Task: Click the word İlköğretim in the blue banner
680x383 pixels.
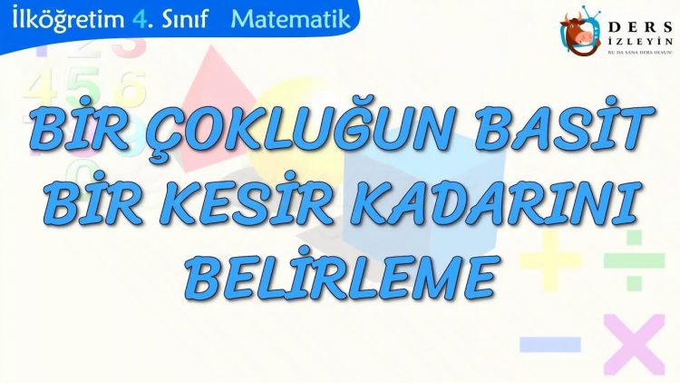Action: (68, 19)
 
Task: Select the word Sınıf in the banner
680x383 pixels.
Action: (186, 19)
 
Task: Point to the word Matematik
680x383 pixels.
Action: (290, 19)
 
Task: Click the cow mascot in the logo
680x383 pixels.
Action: (579, 31)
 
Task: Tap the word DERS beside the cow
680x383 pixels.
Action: (640, 28)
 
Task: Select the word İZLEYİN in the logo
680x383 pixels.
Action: (640, 41)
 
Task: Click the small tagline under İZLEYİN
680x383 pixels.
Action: (640, 52)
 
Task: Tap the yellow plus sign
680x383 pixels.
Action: (550, 260)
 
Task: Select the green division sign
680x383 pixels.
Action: (634, 260)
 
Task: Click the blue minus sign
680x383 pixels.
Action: (550, 344)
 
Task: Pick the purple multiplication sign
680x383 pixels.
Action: (634, 344)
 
